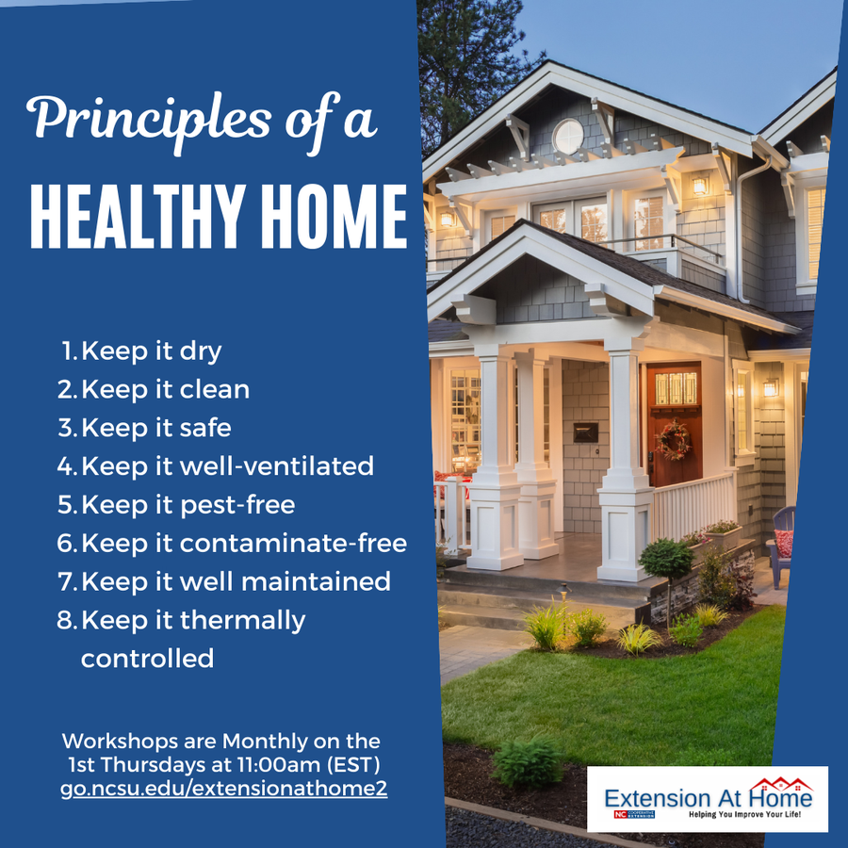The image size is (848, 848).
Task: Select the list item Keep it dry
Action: click(151, 351)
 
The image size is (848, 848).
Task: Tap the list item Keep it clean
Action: click(165, 389)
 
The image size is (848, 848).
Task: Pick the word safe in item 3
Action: click(205, 428)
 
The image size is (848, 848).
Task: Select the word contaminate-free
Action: click(293, 544)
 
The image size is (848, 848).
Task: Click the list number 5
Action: click(66, 505)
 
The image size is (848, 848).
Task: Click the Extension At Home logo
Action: click(707, 799)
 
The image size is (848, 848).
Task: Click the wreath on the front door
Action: click(673, 440)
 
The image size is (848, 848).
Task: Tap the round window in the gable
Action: click(568, 137)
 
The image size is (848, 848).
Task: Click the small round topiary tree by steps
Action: click(666, 560)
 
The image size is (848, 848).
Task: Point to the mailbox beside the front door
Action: click(585, 432)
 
